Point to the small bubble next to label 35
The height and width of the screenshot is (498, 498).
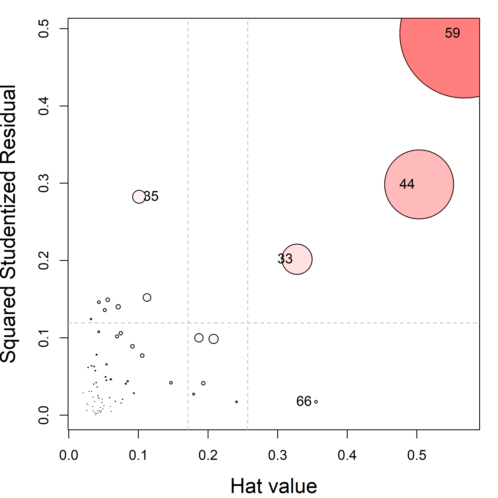pos(139,197)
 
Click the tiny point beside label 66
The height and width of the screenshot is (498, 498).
pos(316,402)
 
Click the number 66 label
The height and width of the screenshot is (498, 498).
pos(304,401)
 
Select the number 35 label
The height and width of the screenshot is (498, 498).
pos(151,196)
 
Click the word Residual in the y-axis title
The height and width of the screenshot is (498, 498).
pos(8,124)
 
